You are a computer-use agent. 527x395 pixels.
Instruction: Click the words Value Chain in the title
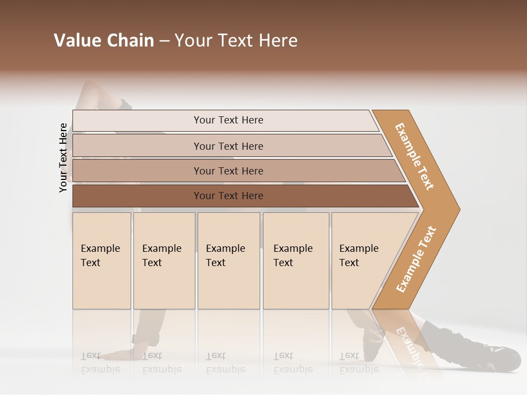pos(104,41)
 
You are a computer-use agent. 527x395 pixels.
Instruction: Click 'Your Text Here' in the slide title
pos(236,41)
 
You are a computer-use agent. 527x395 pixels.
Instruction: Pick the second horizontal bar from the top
pos(228,146)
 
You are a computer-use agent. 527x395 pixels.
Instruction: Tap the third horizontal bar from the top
pos(228,171)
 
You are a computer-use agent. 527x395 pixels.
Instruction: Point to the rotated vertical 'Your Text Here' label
pos(63,157)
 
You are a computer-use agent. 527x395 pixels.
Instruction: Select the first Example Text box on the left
pos(102,261)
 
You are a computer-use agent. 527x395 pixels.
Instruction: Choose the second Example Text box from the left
pos(164,261)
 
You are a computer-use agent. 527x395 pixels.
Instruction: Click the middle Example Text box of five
pos(228,261)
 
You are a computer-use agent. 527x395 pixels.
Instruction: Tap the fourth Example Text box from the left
pos(296,261)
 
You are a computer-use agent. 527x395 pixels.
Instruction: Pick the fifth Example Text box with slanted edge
pos(360,261)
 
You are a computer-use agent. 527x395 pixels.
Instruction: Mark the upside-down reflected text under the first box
pos(100,363)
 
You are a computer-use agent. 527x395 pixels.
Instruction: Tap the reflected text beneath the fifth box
pos(358,363)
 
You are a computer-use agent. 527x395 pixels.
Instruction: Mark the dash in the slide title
pos(164,41)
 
